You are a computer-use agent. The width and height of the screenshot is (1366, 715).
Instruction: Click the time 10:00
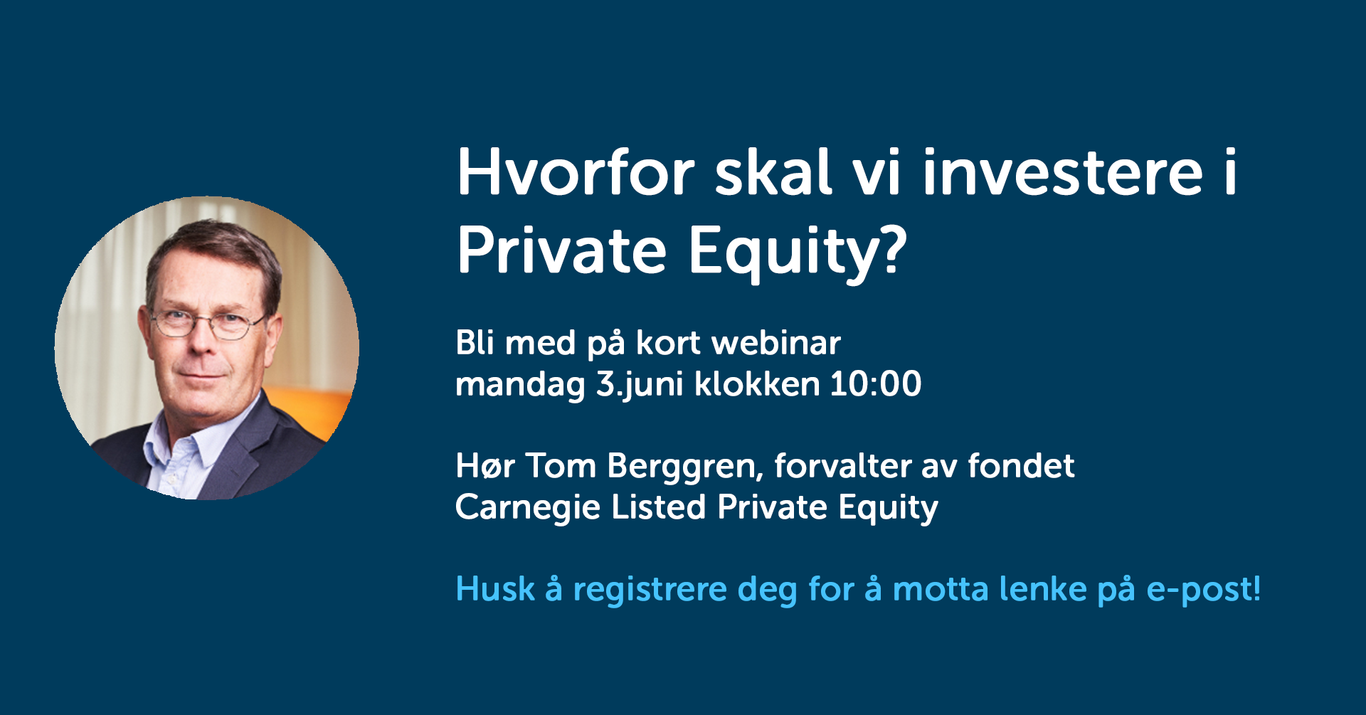[x=876, y=384]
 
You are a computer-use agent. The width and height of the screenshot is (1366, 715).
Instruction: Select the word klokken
[x=757, y=384]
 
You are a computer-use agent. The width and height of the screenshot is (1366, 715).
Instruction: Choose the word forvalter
[x=843, y=466]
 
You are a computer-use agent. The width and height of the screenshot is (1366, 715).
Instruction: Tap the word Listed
[x=659, y=507]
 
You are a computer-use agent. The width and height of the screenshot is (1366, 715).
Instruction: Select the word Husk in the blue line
[x=495, y=590]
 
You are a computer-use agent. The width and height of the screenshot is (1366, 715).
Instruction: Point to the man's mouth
[x=205, y=376]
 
